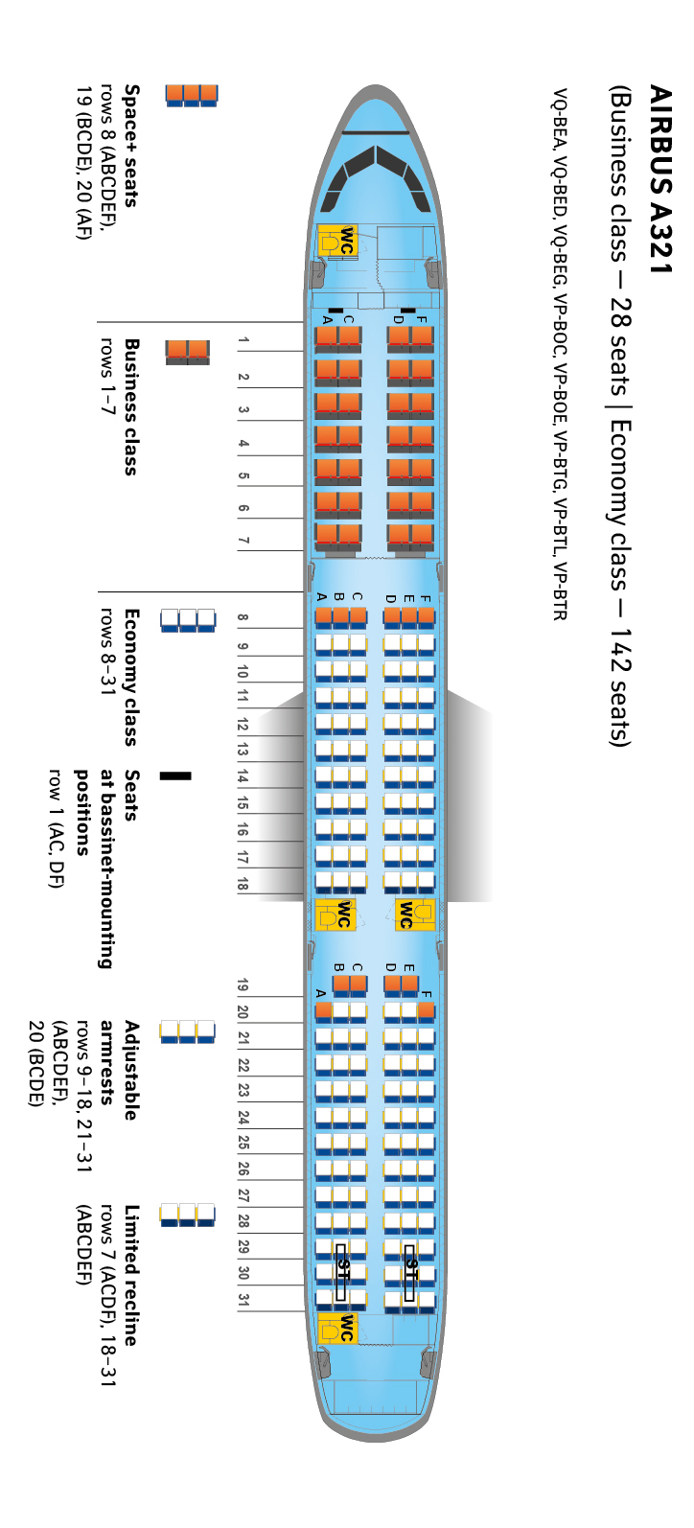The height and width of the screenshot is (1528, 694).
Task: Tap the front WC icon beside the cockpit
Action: [x=336, y=242]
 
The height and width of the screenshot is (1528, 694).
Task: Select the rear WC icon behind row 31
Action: [x=336, y=1328]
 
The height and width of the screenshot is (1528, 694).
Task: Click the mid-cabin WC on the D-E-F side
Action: [x=415, y=914]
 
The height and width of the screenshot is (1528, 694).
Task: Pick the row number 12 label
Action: [x=243, y=725]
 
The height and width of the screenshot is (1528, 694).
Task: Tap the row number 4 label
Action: [x=243, y=444]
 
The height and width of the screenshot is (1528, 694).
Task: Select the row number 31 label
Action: [x=243, y=1300]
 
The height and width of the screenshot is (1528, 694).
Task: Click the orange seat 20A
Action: [x=324, y=1010]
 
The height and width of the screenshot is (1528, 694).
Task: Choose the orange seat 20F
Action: [x=426, y=1010]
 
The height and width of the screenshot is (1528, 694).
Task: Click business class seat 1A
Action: [x=326, y=336]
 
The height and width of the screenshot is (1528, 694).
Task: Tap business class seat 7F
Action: [x=422, y=534]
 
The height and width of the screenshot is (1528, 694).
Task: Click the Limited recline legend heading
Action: [x=130, y=1275]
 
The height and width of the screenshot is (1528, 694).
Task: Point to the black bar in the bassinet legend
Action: [x=175, y=776]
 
